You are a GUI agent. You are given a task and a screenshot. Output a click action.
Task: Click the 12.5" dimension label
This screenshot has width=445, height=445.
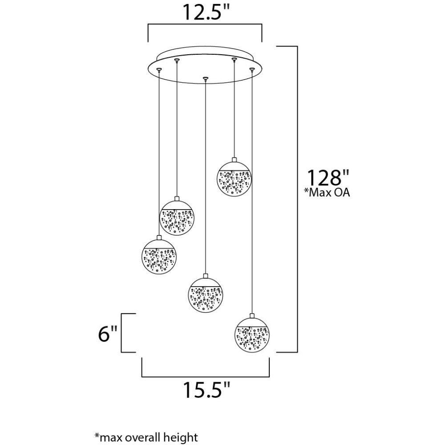(x=205, y=12)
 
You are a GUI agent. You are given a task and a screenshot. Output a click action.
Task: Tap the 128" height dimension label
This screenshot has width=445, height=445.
(x=328, y=178)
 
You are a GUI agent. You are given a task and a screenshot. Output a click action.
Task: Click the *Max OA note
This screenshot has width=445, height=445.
(x=327, y=192)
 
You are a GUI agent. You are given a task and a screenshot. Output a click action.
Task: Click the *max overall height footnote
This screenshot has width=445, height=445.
(x=146, y=437)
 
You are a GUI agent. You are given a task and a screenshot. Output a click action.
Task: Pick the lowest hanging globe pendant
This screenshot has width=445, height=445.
(x=252, y=336)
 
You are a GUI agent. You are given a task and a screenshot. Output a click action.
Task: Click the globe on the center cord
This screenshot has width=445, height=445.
(x=206, y=295)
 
